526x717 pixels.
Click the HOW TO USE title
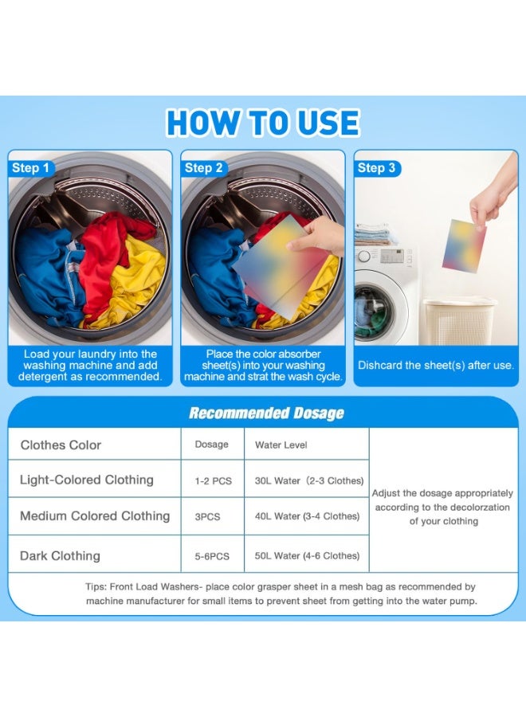pyautogui.click(x=263, y=123)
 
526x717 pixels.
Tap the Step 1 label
pyautogui.click(x=30, y=168)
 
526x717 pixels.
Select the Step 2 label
pyautogui.click(x=203, y=168)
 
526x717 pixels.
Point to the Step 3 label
pyautogui.click(x=376, y=168)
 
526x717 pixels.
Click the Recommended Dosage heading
pyautogui.click(x=266, y=413)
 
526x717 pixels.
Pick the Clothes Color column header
pyautogui.click(x=61, y=445)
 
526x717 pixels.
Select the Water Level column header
pyautogui.click(x=281, y=445)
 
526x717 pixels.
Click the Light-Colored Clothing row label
pyautogui.click(x=86, y=480)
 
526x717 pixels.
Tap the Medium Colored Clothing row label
pyautogui.click(x=95, y=515)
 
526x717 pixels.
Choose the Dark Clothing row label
pyautogui.click(x=60, y=555)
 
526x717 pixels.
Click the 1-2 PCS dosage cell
pyautogui.click(x=213, y=481)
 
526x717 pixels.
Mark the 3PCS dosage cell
pyautogui.click(x=207, y=517)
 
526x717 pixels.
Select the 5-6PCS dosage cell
pyautogui.click(x=212, y=557)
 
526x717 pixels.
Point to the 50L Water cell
pyautogui.click(x=307, y=555)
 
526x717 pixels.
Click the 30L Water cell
pyautogui.click(x=309, y=480)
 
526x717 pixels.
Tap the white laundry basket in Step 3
pyautogui.click(x=459, y=322)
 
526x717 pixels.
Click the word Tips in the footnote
pyautogui.click(x=95, y=587)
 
